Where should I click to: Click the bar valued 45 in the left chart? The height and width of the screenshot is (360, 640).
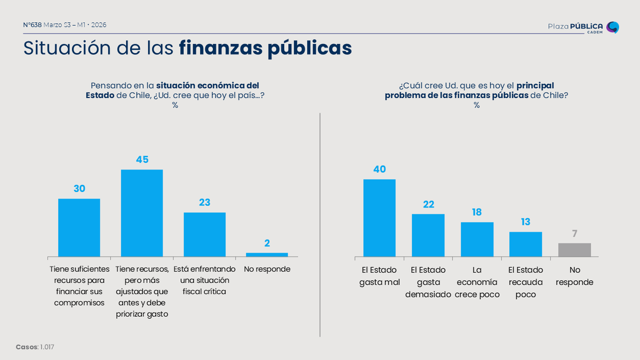142,213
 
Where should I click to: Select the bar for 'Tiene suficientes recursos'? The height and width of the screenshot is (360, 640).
79,227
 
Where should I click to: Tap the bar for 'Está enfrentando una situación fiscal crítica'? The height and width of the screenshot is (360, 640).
205,234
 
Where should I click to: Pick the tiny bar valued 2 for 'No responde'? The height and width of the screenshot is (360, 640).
267,254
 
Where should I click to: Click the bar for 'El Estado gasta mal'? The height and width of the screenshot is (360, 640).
379,218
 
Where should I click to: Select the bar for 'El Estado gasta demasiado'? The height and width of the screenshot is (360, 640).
428,235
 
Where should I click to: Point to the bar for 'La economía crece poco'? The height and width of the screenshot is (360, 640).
477,239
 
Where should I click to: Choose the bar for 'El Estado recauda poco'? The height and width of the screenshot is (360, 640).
525,244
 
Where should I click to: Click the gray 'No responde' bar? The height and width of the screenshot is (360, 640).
574,250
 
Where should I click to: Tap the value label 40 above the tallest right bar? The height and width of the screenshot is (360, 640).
379,170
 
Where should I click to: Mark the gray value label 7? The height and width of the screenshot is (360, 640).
574,234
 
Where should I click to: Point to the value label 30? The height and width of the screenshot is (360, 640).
79,189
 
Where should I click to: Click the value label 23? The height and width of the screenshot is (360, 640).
205,203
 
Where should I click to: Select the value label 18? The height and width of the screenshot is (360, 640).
477,212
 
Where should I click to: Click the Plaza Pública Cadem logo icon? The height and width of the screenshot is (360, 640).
613,27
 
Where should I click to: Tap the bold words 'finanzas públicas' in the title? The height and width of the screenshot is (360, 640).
265,48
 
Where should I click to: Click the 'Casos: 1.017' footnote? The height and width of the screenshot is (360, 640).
35,347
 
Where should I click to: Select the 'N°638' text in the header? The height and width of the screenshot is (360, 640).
33,25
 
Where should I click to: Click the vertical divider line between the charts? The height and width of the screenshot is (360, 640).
320,224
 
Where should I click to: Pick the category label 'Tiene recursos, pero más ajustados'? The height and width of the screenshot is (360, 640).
142,291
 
